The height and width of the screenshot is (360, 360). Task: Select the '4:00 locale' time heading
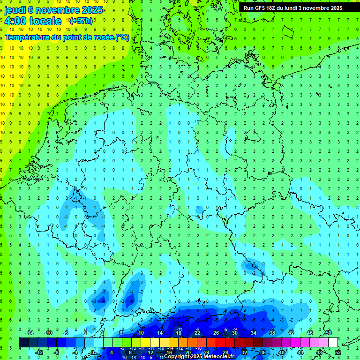point(33,21)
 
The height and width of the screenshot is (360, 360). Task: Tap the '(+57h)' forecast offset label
point(81,21)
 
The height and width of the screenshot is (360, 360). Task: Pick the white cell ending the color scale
point(333,343)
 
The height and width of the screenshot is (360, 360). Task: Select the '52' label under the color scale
point(338,352)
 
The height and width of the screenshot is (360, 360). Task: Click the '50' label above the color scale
point(328,333)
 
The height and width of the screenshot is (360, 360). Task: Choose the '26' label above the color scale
point(216,333)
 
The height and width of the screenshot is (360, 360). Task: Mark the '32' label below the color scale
point(244,352)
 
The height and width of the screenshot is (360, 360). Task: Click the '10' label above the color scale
point(141,333)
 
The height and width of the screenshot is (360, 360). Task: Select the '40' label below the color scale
point(282,352)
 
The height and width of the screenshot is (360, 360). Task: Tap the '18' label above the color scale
point(178,333)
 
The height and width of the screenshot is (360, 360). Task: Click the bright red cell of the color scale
point(220,343)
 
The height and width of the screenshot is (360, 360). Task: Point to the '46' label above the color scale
point(309,333)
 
